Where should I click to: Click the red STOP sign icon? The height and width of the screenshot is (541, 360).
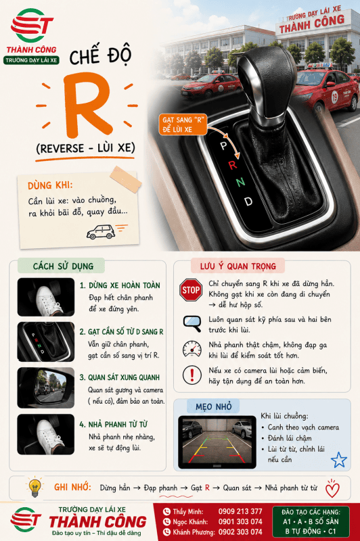[x=191, y=290]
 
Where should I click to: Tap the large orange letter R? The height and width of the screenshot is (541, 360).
[x=88, y=105]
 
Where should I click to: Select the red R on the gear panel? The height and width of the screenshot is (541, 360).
[x=233, y=165]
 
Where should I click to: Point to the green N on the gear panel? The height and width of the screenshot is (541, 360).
[x=241, y=181]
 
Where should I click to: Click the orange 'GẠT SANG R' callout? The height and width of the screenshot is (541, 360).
[x=183, y=124]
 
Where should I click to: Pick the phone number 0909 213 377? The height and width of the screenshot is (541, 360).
[x=240, y=511]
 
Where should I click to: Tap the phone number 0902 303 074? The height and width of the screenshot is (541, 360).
[x=240, y=532]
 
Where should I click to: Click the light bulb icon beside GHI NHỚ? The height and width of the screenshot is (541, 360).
[x=35, y=487]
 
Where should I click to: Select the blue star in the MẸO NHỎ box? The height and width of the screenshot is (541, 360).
[x=338, y=460]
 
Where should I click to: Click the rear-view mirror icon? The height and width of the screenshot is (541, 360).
[x=192, y=323]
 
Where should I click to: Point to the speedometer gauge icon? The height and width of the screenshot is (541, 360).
[x=192, y=349]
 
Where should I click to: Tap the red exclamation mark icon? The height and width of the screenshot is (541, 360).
[x=192, y=375]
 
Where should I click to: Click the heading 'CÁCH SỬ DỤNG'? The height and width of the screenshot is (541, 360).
[x=63, y=266]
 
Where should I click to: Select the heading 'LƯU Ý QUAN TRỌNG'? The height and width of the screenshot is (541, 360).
[x=238, y=266]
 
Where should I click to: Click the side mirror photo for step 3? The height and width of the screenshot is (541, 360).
[x=46, y=387]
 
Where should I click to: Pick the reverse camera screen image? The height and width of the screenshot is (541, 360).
[x=217, y=442]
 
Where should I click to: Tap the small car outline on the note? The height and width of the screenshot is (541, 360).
[x=100, y=232]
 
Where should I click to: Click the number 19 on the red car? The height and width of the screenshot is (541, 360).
[x=334, y=97]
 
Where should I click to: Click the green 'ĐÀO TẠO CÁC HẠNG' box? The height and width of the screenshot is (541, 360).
[x=311, y=521]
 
